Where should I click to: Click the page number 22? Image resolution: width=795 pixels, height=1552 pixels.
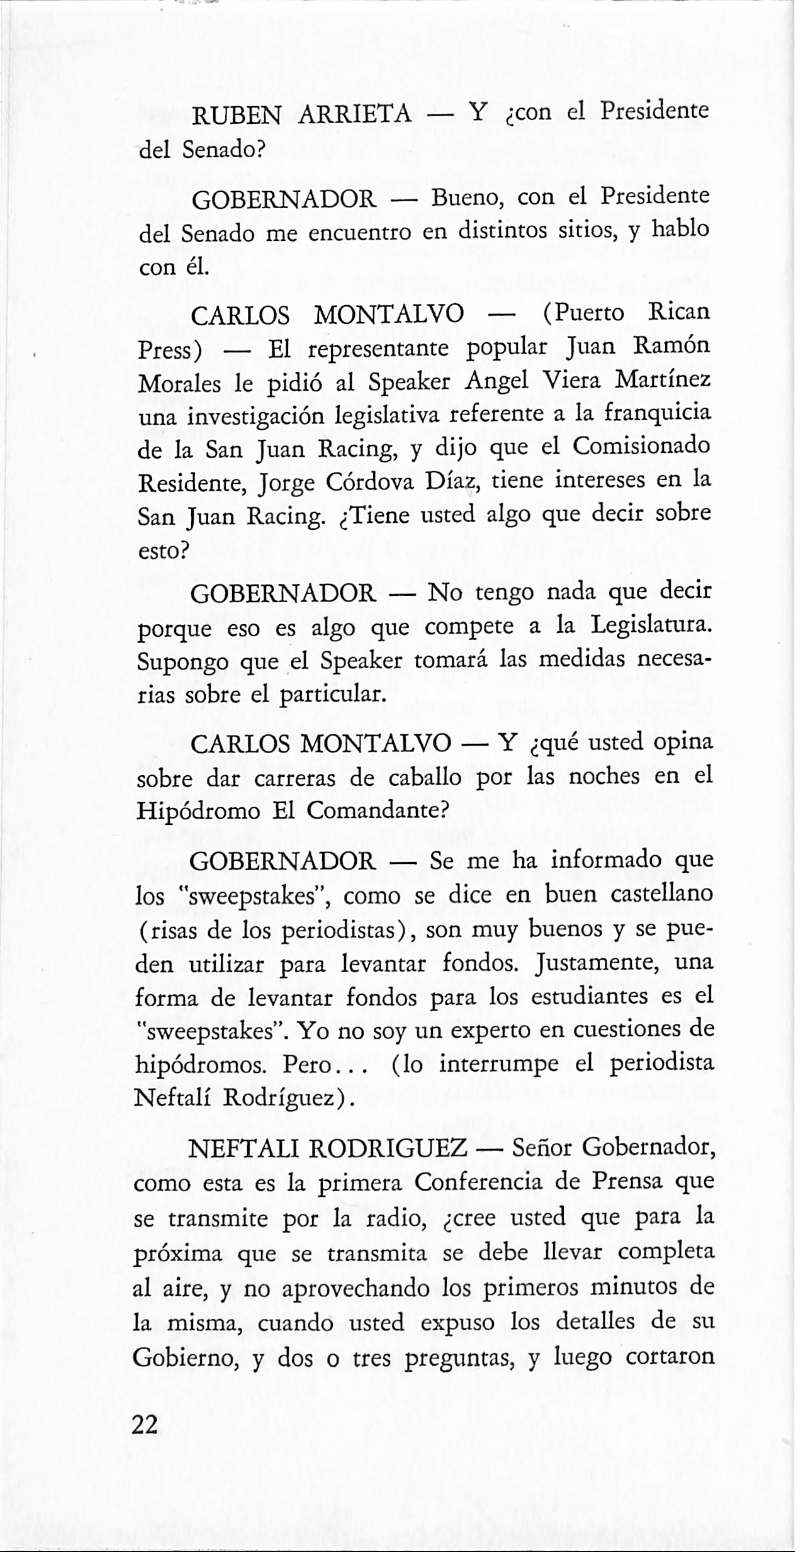click(145, 1425)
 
